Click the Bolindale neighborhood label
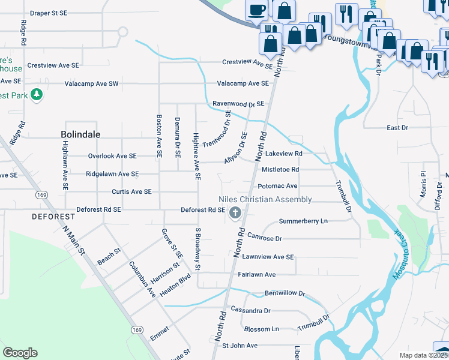[81, 134]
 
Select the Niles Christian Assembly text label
[265, 199]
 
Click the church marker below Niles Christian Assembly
[235, 212]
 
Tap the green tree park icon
[37, 95]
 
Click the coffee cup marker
[256, 10]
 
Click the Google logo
[20, 353]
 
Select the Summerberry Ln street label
[303, 221]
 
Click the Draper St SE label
[51, 13]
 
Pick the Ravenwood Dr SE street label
[238, 104]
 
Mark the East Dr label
[397, 128]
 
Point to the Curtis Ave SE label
[131, 191]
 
